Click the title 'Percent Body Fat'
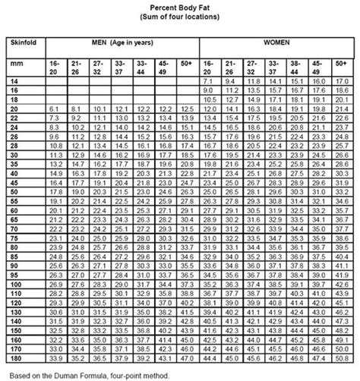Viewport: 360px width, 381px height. click(x=180, y=6)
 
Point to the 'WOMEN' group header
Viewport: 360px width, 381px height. click(x=275, y=45)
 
